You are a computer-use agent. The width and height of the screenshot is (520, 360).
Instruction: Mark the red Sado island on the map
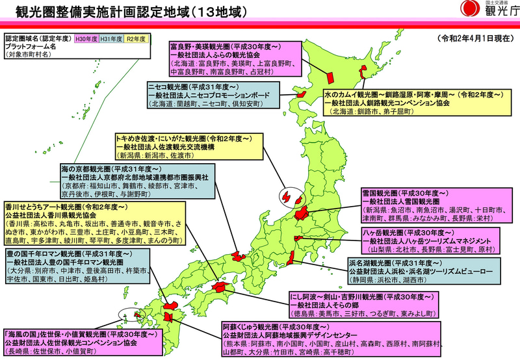[x=286, y=196]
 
